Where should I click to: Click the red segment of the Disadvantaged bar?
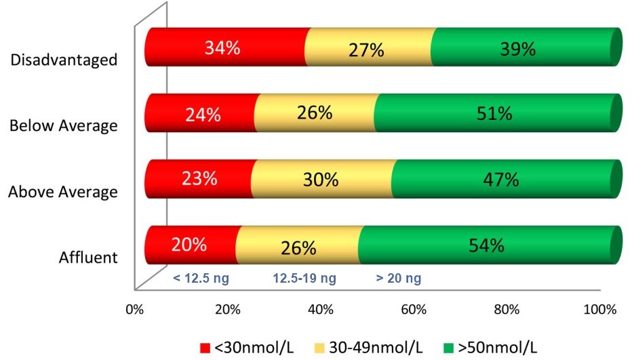[x=224, y=47]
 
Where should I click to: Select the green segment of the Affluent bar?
[x=488, y=245]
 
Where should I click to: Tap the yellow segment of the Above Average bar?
[x=321, y=179]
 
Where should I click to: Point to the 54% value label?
[x=486, y=245]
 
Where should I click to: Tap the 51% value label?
[x=494, y=114]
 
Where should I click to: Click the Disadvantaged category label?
[x=64, y=60]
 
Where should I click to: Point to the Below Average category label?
[x=63, y=126]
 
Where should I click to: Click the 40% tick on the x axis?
[x=320, y=311]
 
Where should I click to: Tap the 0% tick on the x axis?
[x=135, y=311]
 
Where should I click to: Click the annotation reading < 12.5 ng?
[x=197, y=277]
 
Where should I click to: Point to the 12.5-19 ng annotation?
[x=305, y=277]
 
